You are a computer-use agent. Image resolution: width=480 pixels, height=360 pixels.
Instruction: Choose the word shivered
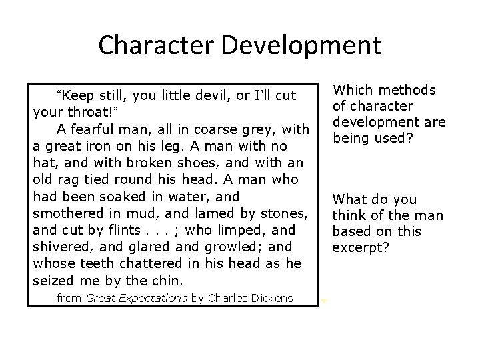pyautogui.click(x=59, y=247)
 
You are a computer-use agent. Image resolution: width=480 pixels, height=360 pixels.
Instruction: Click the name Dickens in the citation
pyautogui.click(x=270, y=298)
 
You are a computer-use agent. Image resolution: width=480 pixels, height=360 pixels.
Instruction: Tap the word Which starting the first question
pyautogui.click(x=352, y=90)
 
